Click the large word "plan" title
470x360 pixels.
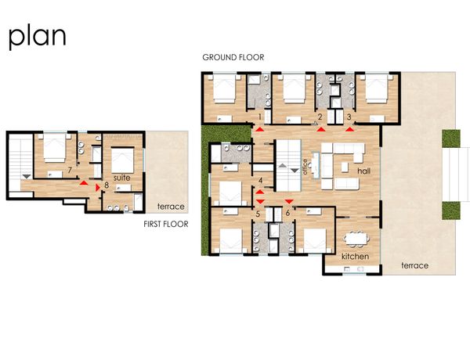[x=37, y=38]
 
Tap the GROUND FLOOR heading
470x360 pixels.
[x=233, y=57]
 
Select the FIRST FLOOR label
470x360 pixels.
[x=166, y=224]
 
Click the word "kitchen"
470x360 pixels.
[x=355, y=257]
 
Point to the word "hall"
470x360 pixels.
[x=364, y=171]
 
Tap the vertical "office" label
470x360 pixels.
[x=305, y=167]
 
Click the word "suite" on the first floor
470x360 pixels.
[x=121, y=178]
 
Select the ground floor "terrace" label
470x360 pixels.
[x=415, y=265]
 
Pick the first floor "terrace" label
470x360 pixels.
[x=171, y=207]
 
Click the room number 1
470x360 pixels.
[x=260, y=117]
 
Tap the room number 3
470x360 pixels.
[x=349, y=117]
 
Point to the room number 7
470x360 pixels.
[x=70, y=170]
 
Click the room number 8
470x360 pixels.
[x=107, y=185]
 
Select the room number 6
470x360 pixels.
[x=287, y=213]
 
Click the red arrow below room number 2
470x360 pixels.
[x=321, y=129]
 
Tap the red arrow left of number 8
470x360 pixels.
[x=97, y=188]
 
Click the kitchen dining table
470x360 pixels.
[x=356, y=239]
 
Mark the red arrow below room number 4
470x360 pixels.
[x=260, y=192]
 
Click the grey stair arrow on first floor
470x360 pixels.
[x=27, y=176]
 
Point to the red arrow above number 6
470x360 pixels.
[x=289, y=202]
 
